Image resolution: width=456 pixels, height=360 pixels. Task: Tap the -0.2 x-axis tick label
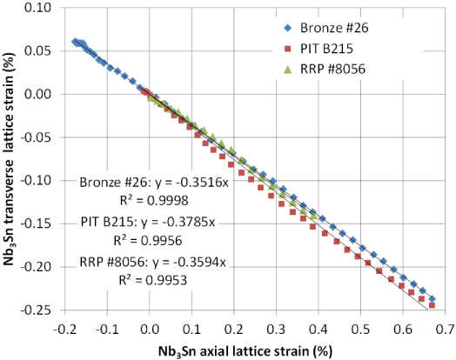pos(64,330)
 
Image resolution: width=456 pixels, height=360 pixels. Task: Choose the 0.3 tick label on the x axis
pos(278,330)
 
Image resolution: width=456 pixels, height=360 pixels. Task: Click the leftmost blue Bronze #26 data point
pos(75,42)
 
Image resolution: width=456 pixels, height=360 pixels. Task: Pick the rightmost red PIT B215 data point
pos(433,305)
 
